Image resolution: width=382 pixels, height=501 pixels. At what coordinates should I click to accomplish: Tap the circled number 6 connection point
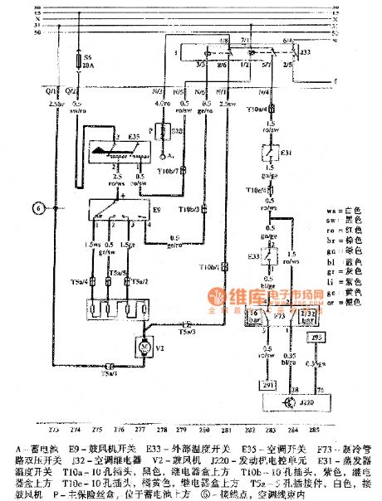pos(37,207)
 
